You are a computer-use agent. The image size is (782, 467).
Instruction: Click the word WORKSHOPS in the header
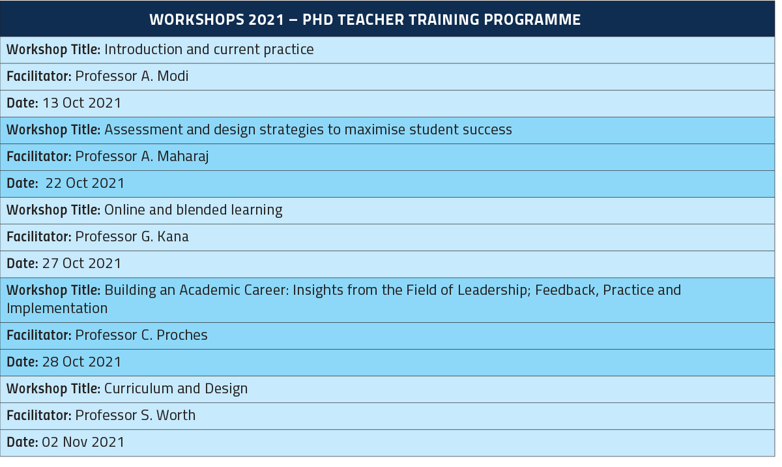(197, 20)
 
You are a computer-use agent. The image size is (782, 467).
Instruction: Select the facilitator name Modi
(173, 76)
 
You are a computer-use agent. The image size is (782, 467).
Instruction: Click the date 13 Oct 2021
(81, 102)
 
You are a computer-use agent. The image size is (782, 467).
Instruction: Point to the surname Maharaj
(183, 157)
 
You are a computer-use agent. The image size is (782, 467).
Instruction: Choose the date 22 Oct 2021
(85, 183)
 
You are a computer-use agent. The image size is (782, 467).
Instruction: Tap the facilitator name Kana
(173, 237)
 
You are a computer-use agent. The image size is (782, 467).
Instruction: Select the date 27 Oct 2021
(81, 263)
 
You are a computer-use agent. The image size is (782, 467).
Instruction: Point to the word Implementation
(57, 309)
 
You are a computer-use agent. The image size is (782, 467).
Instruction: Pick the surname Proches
(182, 335)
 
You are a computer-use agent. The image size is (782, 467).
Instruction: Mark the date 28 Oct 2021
(81, 361)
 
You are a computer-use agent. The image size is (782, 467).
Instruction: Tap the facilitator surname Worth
(175, 415)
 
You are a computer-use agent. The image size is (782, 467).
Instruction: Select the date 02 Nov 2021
(83, 442)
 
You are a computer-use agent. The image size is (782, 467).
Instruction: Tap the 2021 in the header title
(267, 20)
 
